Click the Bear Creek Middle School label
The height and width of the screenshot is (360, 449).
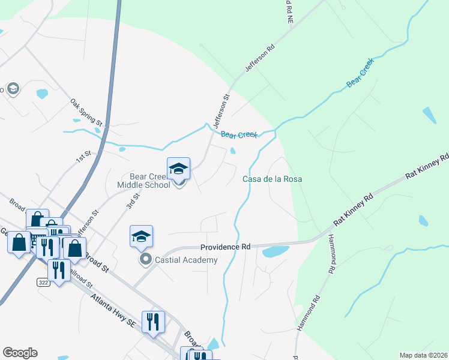click(x=150, y=181)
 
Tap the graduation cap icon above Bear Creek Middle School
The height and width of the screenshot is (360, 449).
click(x=178, y=169)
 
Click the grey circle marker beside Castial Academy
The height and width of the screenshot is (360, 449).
click(x=145, y=260)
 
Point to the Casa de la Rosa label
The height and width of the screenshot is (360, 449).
click(x=272, y=179)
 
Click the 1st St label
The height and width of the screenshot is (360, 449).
click(x=83, y=157)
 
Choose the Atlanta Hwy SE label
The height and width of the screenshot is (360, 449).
click(x=113, y=310)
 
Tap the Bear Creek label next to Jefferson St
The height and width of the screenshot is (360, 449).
click(x=239, y=135)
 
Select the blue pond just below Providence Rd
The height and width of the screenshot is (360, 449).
click(x=275, y=251)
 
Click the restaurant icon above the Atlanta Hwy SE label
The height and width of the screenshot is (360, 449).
click(x=153, y=322)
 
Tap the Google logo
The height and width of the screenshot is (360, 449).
click(x=20, y=353)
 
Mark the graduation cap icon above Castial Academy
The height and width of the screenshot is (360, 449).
click(x=141, y=236)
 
